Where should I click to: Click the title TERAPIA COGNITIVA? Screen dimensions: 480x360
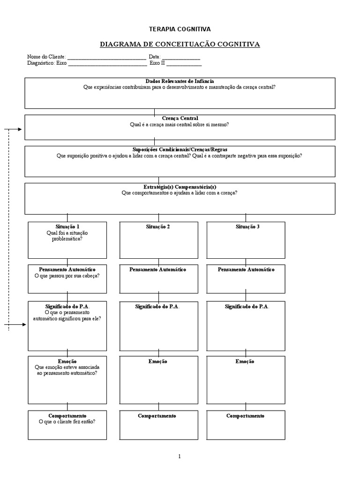[x=180, y=29]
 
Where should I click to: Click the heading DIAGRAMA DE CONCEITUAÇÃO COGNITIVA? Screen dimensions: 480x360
[x=180, y=44]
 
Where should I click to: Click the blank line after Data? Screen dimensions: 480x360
[x=181, y=58]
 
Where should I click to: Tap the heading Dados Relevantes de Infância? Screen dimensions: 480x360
[x=180, y=81]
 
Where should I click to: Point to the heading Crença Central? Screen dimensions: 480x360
[x=180, y=119]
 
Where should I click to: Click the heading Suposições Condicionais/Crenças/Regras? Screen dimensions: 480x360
[x=180, y=150]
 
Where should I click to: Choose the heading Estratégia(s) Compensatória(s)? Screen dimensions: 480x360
[x=180, y=187]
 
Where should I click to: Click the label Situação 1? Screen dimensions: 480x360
[x=67, y=227]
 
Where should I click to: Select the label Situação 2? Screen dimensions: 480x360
[x=158, y=227]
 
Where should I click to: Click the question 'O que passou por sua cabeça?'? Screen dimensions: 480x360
[x=67, y=276]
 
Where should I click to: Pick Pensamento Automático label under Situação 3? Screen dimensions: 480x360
[x=246, y=270]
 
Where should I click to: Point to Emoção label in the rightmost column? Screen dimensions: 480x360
[x=245, y=361]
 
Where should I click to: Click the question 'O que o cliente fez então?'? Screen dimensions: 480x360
[x=67, y=422]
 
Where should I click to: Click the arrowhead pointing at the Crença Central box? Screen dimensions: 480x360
[x=19, y=129]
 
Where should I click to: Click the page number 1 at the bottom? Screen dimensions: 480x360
[x=179, y=456]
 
